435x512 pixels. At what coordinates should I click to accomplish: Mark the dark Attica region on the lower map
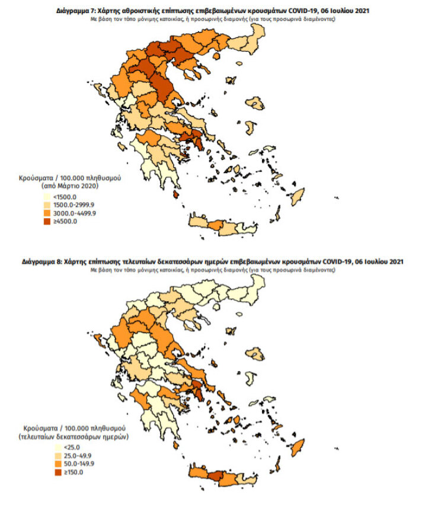pyautogui.click(x=198, y=387)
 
